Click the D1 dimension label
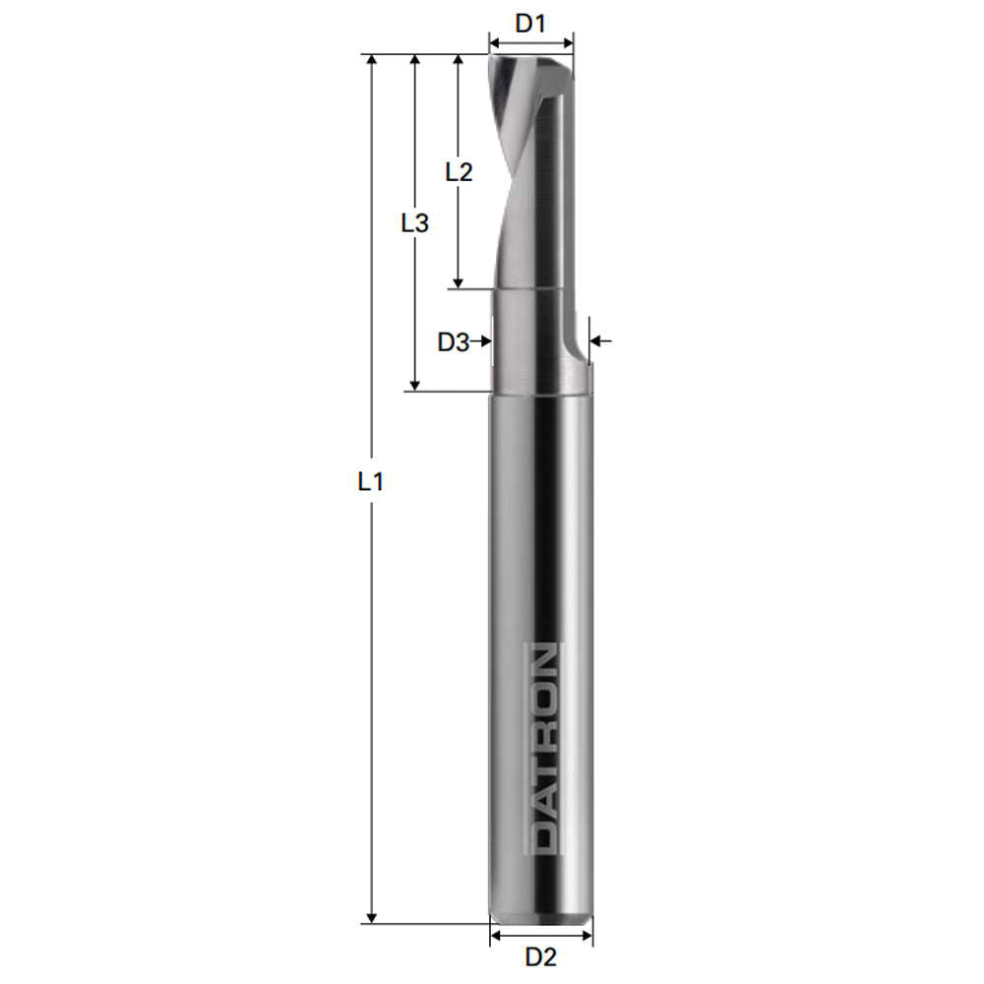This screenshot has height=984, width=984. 530,23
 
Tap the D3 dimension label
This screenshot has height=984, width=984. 453,341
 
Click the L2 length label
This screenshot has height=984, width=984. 459,171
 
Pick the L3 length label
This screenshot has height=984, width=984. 415,223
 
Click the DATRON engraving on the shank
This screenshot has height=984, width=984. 540,748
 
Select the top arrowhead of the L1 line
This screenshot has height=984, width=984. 371,62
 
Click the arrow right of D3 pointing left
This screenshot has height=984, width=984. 598,341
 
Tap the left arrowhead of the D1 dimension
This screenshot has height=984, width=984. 495,43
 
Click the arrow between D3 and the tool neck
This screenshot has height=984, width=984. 482,341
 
